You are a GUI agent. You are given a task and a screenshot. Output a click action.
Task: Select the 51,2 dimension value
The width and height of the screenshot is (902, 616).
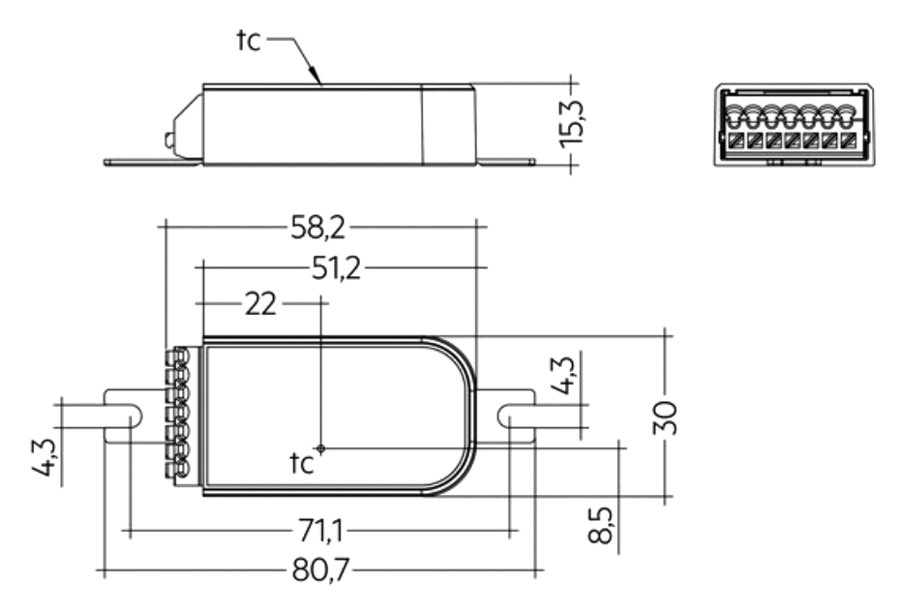click(x=335, y=268)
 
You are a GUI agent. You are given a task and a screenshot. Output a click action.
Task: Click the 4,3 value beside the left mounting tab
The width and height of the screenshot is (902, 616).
click(x=70, y=457)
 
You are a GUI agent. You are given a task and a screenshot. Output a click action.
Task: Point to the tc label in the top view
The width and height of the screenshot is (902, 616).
click(x=302, y=464)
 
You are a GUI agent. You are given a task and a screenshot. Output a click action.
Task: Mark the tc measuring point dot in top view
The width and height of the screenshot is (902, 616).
click(x=322, y=448)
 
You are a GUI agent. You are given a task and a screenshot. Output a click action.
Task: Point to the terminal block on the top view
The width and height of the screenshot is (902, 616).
click(x=177, y=414)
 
